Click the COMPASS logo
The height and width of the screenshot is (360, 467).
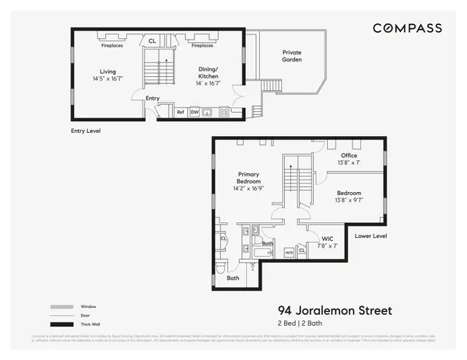pyautogui.click(x=407, y=28)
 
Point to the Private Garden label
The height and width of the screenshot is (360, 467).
pyautogui.click(x=291, y=56)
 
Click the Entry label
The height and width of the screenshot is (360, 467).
pyautogui.click(x=153, y=98)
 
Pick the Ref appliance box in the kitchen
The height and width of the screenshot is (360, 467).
pyautogui.click(x=180, y=113)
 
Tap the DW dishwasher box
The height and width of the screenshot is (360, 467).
pyautogui.click(x=195, y=113)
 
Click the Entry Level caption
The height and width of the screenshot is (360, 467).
pyautogui.click(x=82, y=131)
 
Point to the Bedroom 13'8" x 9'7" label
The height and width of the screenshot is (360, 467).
pyautogui.click(x=348, y=196)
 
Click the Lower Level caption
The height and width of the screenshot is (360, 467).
pyautogui.click(x=370, y=235)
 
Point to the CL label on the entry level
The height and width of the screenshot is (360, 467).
pyautogui.click(x=152, y=41)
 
